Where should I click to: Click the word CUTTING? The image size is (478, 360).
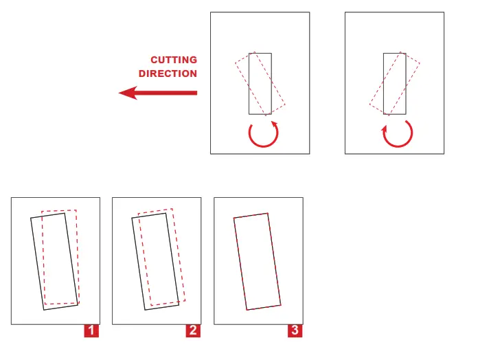(174, 60)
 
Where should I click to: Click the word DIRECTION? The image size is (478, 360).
(168, 74)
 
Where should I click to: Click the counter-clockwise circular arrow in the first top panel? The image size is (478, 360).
(265, 134)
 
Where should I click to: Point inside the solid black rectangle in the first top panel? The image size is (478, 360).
(260, 83)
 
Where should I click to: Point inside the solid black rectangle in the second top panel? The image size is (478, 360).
(395, 83)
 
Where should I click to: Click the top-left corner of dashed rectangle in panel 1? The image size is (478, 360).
(42, 211)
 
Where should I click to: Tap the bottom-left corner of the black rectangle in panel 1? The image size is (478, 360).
(44, 310)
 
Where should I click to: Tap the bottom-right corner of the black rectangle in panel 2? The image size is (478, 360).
(179, 303)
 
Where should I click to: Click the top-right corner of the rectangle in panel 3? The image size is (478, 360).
(267, 213)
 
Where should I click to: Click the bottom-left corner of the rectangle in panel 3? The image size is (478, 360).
(247, 310)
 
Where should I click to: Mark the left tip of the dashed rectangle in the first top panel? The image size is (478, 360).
(236, 63)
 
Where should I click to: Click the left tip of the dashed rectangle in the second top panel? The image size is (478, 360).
(369, 106)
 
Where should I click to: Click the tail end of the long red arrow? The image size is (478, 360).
(197, 93)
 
